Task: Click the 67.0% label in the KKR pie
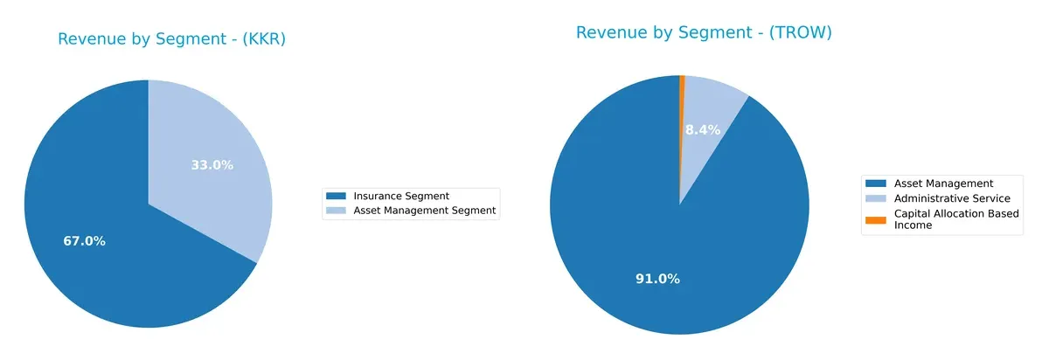(x=84, y=241)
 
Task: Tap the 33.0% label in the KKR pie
(x=212, y=164)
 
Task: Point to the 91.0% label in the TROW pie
(x=657, y=279)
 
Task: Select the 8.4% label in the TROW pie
(x=702, y=130)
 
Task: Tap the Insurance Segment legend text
(x=400, y=196)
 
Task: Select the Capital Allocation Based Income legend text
(x=955, y=219)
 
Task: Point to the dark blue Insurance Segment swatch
(x=336, y=196)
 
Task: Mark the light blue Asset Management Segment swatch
(x=336, y=211)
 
